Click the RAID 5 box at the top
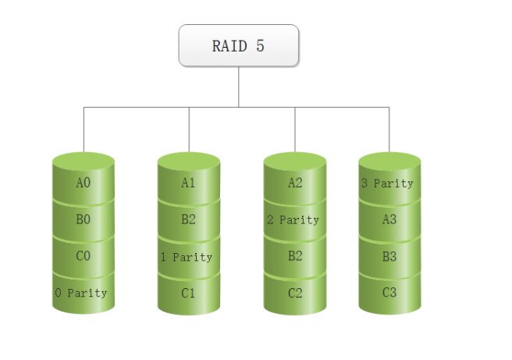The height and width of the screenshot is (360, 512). pyautogui.click(x=238, y=45)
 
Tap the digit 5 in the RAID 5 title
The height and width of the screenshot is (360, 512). pyautogui.click(x=260, y=46)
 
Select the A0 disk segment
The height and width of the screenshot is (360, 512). pyautogui.click(x=84, y=183)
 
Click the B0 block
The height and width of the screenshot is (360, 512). pyautogui.click(x=84, y=219)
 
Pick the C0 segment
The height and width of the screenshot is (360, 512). pyautogui.click(x=84, y=256)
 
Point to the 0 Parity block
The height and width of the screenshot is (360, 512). pyautogui.click(x=81, y=293)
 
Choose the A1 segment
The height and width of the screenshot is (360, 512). pyautogui.click(x=188, y=183)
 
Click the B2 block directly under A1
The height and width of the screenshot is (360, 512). pyautogui.click(x=188, y=219)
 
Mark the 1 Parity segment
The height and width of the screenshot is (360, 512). pyautogui.click(x=186, y=256)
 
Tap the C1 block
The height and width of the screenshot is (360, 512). pyautogui.click(x=188, y=293)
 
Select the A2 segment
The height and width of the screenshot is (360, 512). pyautogui.click(x=294, y=183)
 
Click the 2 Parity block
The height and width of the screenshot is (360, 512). pyautogui.click(x=293, y=219)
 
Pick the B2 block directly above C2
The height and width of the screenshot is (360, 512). pyautogui.click(x=294, y=256)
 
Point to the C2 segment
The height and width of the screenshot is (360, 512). pyautogui.click(x=294, y=293)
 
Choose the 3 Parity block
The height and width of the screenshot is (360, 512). pyautogui.click(x=387, y=184)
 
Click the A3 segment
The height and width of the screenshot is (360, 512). pyautogui.click(x=389, y=219)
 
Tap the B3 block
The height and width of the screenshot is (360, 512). pyautogui.click(x=389, y=256)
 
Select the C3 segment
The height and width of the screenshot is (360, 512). pyautogui.click(x=389, y=293)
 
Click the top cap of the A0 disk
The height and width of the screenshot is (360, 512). pyautogui.click(x=84, y=159)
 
